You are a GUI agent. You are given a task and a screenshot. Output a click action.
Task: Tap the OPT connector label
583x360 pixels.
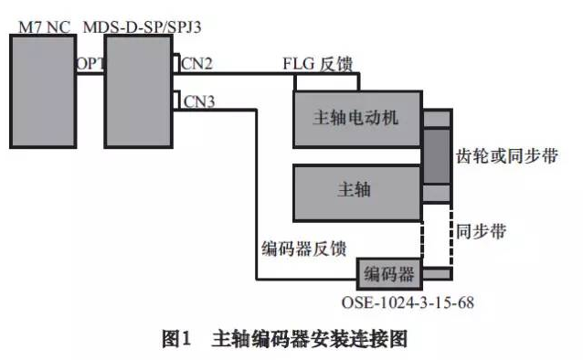click(x=90, y=63)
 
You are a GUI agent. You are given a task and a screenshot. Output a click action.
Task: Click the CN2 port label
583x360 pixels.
click(x=199, y=64)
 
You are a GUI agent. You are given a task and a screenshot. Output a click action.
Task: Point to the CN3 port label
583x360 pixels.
click(x=199, y=101)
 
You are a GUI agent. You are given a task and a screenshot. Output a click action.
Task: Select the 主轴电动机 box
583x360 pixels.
click(x=356, y=119)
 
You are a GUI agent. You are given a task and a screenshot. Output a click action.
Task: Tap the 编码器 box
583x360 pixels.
click(x=390, y=273)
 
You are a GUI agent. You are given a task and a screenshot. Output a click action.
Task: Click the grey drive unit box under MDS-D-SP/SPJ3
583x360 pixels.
click(x=137, y=90)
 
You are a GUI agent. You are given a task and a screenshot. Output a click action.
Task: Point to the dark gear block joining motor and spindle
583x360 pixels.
click(x=437, y=156)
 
